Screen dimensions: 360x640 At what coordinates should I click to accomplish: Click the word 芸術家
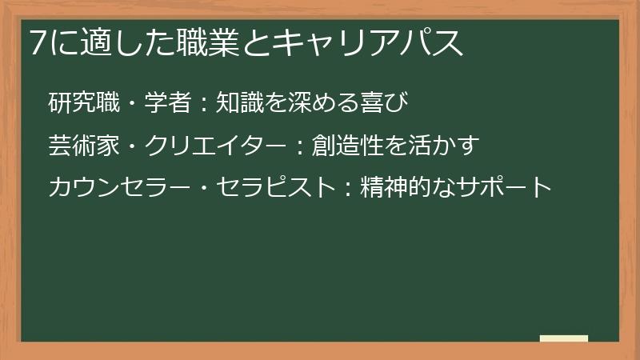click(x=82, y=146)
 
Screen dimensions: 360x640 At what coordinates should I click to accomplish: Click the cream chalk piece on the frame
click(x=564, y=338)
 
